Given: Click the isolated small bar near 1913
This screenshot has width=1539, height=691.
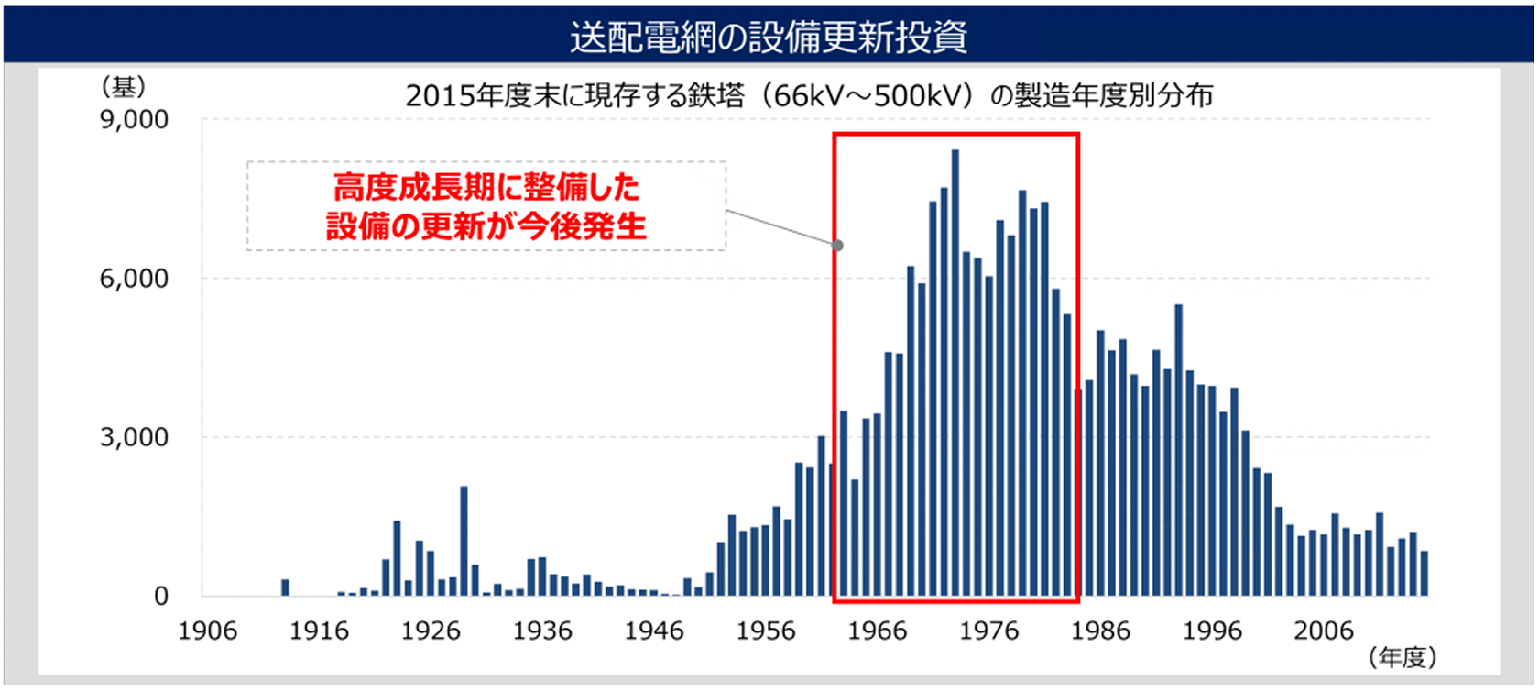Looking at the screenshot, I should [x=285, y=587].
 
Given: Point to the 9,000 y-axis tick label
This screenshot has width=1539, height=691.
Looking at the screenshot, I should [x=134, y=120].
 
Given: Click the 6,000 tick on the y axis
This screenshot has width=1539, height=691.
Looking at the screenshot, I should [x=134, y=279].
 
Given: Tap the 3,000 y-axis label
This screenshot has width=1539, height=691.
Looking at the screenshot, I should [x=134, y=437].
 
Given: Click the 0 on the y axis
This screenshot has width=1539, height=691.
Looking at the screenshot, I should [x=160, y=597].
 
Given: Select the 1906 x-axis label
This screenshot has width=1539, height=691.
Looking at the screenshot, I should [x=207, y=631].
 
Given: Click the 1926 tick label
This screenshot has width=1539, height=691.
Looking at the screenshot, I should [x=431, y=631].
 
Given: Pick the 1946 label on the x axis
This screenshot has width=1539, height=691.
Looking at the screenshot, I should [x=654, y=631].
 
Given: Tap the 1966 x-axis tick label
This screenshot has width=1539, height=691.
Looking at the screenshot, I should [x=877, y=631].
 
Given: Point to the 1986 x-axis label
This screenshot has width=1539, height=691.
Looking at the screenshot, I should [x=1100, y=631].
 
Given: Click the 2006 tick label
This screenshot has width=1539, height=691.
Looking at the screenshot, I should [x=1323, y=631].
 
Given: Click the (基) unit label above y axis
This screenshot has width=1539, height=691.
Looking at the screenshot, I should [x=123, y=88].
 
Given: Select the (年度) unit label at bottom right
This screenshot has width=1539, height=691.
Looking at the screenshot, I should [x=1402, y=657].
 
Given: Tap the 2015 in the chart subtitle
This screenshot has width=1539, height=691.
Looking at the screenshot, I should [x=434, y=95].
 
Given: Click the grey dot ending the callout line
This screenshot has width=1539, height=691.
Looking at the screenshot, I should [x=837, y=246].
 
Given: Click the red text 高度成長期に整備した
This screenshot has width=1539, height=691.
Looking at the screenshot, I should [x=486, y=188].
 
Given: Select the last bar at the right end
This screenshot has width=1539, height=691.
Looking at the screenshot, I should [x=1424, y=574].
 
